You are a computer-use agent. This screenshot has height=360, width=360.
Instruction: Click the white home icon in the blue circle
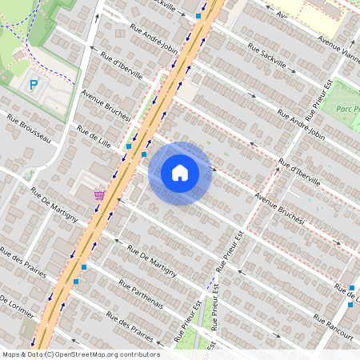[x=180, y=173]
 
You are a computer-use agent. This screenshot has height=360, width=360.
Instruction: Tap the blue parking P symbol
[x=34, y=84]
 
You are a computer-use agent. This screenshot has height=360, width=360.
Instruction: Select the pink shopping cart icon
[x=99, y=194]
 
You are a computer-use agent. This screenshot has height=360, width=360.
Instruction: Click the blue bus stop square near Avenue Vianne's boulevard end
[x=198, y=15]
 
